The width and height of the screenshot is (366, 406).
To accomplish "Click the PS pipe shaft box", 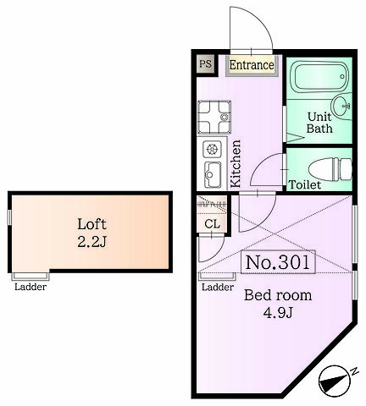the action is point(205,64).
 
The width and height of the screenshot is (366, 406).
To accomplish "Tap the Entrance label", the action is point(252,65).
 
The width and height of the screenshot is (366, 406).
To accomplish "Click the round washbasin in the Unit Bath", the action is point(341,106).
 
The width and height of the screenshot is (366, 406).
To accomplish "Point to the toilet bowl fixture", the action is point(330,170).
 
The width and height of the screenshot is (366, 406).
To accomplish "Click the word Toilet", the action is point(305,185).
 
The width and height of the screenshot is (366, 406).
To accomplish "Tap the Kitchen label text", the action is point(236,164).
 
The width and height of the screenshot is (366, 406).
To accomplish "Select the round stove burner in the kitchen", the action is point(212,149).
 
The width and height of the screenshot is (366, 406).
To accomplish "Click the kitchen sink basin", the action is point(213,174).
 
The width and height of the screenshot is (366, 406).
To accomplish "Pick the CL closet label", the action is point(212,224).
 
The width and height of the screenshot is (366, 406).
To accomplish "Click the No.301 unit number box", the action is point(278,262).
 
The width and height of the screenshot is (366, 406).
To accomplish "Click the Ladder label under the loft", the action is point(30,287).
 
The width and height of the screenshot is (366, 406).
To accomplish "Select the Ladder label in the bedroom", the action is point(218,287).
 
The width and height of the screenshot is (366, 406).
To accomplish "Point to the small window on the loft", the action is point(9,217).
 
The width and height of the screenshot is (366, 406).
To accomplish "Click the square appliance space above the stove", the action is point(214,118).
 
